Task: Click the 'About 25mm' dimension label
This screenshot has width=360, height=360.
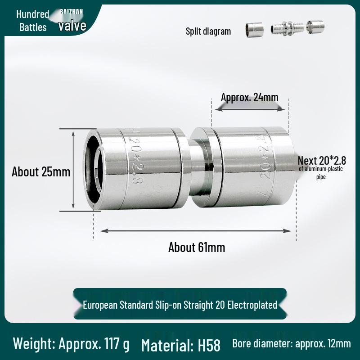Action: (x=41, y=172)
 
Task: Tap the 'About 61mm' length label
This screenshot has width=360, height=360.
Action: (x=197, y=247)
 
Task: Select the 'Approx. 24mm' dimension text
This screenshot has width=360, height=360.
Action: (x=250, y=97)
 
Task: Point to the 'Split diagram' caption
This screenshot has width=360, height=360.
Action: (x=208, y=31)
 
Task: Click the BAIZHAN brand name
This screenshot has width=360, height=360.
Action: (x=72, y=12)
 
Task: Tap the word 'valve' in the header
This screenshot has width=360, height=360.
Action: (x=72, y=26)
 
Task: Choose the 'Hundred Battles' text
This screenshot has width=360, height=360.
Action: (x=33, y=21)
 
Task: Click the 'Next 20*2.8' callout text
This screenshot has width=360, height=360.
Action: (x=322, y=161)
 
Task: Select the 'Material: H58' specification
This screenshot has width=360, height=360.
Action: (x=181, y=345)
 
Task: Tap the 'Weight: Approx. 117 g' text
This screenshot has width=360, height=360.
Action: (x=71, y=344)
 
